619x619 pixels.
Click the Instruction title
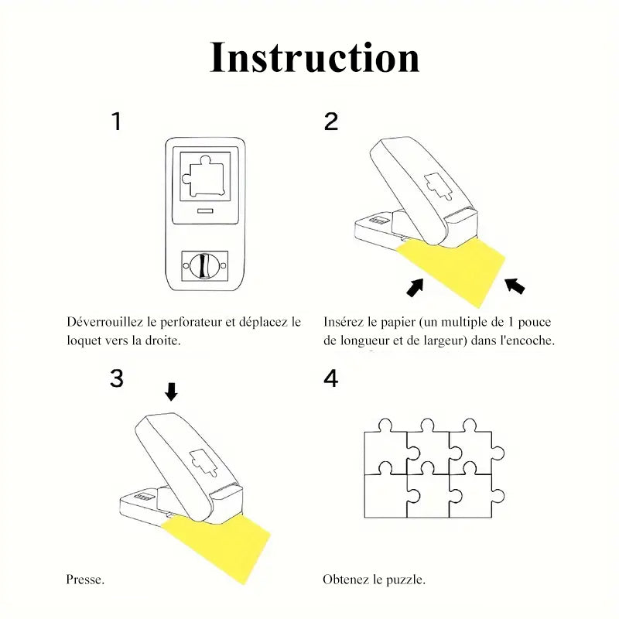pos(315,58)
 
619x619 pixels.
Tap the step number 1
pos(117,122)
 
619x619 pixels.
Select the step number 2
pos(331,122)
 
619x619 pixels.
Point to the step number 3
pos(117,378)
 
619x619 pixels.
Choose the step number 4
pos(331,379)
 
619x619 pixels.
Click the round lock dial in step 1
pos(201,266)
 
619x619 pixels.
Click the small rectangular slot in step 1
pos(204,210)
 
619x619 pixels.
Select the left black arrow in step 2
pos(416,287)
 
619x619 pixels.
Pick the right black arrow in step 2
pos(515,286)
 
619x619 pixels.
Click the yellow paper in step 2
pos(457,267)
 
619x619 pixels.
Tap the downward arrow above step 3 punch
pos(171,392)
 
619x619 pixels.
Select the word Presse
pos(85,580)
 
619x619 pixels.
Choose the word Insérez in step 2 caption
pos(343,321)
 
